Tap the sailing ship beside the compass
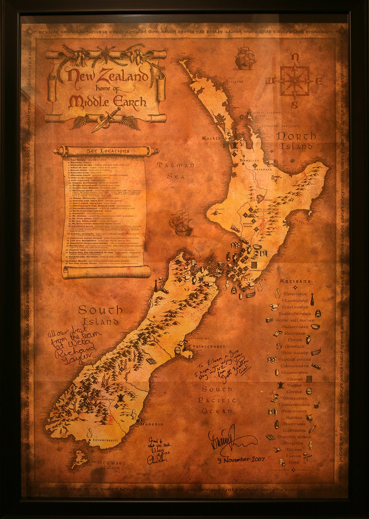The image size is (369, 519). tap(245, 58)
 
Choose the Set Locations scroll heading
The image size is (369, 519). tap(107, 151)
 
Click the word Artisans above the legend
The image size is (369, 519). tap(295, 281)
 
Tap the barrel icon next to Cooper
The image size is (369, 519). tap(309, 391)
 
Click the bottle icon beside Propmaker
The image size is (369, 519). tap(312, 299)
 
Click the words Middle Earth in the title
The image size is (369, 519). tap(107, 102)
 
